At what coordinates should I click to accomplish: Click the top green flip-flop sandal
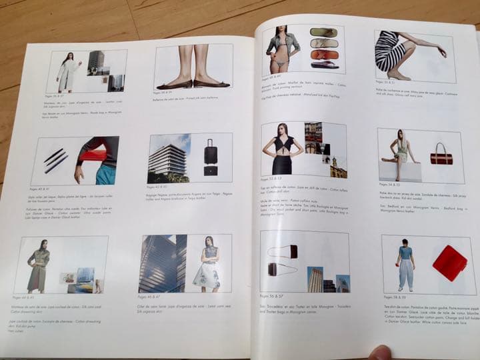pos(324,32)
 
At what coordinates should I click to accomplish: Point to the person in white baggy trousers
pos(405,264)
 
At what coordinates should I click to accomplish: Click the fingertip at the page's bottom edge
pos(382,352)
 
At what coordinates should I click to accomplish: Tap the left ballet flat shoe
pos(173,83)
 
